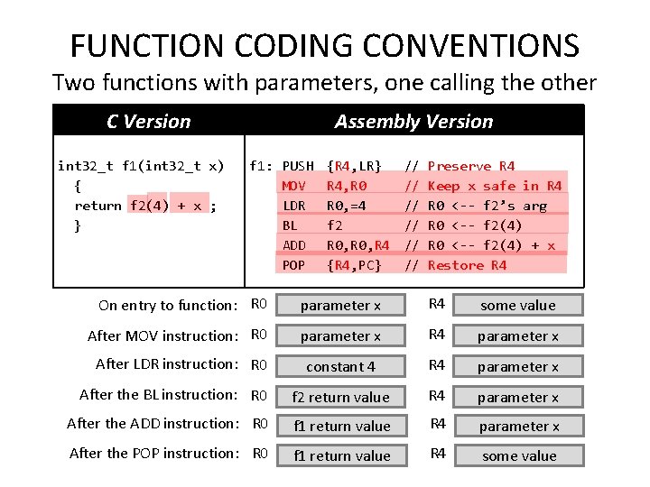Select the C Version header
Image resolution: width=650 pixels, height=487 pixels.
(148, 122)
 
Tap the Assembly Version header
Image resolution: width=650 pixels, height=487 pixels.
(413, 122)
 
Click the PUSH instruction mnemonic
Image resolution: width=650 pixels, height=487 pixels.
(298, 166)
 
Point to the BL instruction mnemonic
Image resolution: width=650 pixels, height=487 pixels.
(290, 225)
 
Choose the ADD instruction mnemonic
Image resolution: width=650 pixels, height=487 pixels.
(294, 245)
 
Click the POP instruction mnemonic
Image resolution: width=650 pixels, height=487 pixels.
(294, 265)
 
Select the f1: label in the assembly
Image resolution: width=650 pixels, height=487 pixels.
(261, 166)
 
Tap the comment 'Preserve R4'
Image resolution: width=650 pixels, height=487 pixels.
(470, 166)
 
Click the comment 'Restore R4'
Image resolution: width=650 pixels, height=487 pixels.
(467, 265)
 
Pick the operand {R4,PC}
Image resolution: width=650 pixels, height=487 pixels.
(354, 265)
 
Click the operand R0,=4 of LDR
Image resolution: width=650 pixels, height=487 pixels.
(346, 206)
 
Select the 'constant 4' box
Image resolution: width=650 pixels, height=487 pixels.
(340, 367)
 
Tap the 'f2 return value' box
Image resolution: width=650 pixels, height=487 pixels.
(340, 397)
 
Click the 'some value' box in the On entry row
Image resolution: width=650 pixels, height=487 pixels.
(518, 306)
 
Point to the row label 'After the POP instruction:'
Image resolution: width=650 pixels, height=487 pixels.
(153, 453)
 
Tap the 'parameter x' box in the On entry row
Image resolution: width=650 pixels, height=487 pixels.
(340, 306)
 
